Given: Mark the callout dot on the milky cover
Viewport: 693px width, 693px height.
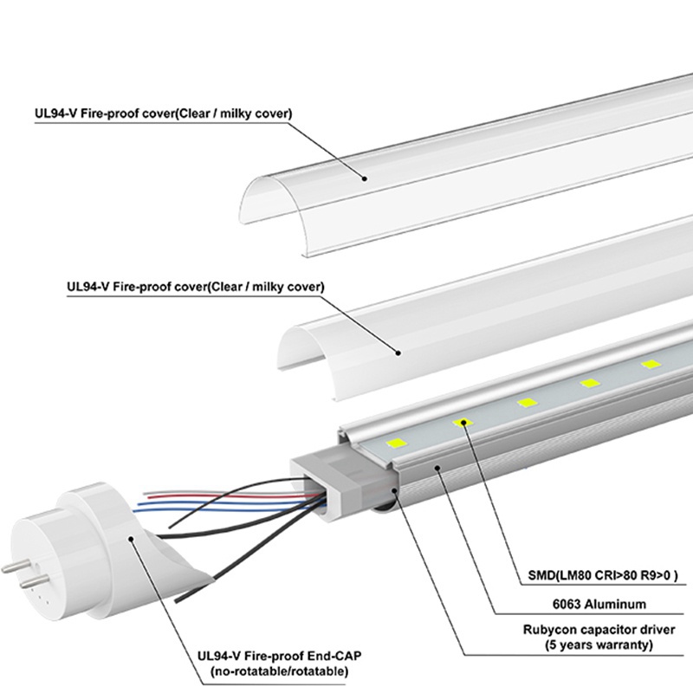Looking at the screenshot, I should (398, 352).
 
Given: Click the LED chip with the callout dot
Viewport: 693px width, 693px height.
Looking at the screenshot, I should (464, 422).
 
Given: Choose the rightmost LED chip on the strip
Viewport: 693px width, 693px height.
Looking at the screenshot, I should (650, 364).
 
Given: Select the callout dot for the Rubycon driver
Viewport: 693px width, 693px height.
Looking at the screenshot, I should (397, 490).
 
